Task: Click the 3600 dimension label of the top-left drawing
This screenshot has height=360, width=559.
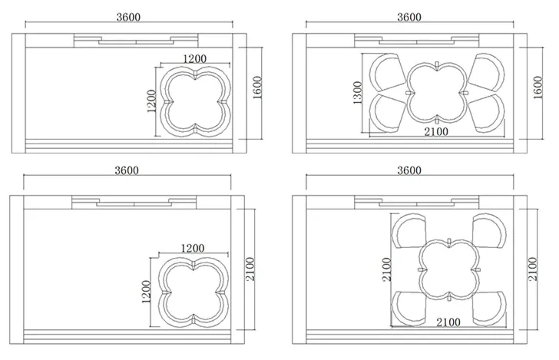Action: click(x=128, y=17)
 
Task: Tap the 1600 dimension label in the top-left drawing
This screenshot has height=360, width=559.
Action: click(x=257, y=88)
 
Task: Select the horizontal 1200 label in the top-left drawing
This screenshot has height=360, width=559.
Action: click(x=195, y=59)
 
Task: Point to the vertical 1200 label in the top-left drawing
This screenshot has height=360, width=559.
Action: click(x=151, y=101)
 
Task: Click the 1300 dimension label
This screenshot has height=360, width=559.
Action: click(x=357, y=93)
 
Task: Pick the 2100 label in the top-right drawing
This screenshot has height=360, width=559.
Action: click(x=436, y=132)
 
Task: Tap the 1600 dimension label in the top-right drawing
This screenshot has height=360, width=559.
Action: click(x=537, y=88)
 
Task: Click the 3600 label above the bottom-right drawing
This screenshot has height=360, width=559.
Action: click(x=409, y=170)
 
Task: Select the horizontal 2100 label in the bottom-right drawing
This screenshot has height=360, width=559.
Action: click(x=448, y=322)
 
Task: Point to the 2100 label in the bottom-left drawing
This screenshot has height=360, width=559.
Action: click(x=250, y=269)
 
